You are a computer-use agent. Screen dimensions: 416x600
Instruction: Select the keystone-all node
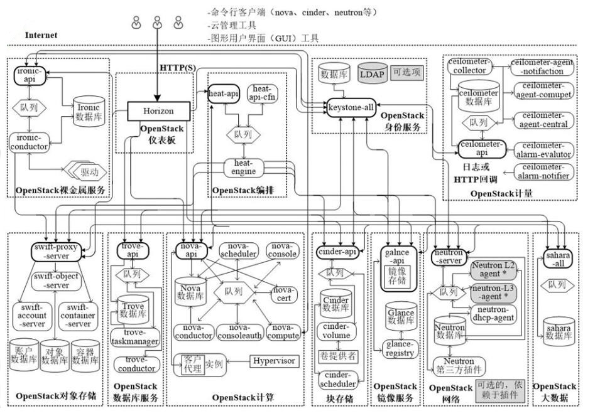(351, 107)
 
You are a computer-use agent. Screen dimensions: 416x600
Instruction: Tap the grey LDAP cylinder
(372, 73)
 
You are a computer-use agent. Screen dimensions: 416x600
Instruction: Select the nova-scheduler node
(239, 250)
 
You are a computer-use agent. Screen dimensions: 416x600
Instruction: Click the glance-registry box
(400, 348)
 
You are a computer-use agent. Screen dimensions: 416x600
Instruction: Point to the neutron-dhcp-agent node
(496, 313)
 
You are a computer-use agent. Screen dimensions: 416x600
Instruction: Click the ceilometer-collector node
(467, 67)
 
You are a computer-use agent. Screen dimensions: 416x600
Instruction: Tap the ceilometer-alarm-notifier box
(545, 171)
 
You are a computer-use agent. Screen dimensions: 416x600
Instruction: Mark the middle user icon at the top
(157, 24)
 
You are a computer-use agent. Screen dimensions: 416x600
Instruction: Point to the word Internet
(41, 36)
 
